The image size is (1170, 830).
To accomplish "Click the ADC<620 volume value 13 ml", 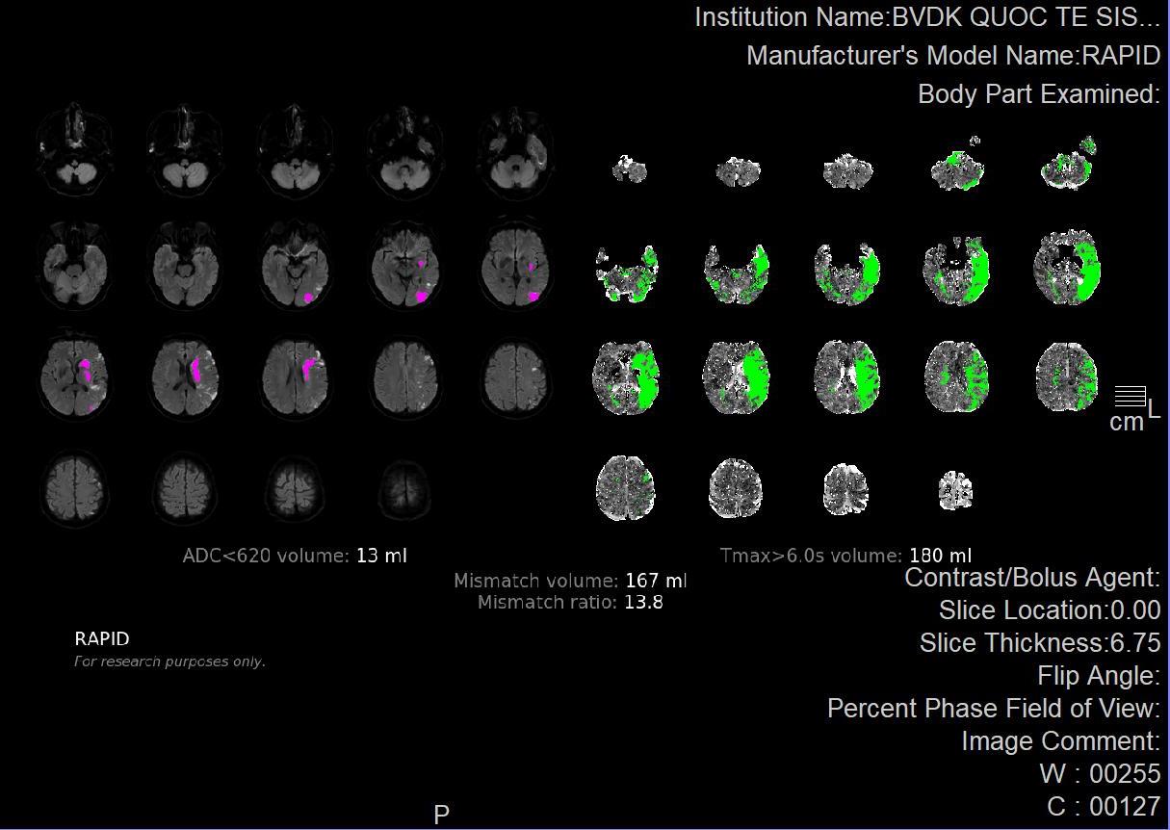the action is coord(381,556).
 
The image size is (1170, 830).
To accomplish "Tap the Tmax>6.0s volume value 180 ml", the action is coord(941,556).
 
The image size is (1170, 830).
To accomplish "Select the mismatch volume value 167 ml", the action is coord(656,581).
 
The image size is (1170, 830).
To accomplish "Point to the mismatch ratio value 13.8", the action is coord(643,602).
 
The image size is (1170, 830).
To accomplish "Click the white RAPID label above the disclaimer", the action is coord(102,638).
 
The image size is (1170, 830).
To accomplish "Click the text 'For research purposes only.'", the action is coord(169,661).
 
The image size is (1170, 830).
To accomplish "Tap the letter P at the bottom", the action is coord(441,815).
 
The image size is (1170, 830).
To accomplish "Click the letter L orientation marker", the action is coord(1154,408).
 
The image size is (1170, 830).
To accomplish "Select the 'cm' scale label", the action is coord(1127,423).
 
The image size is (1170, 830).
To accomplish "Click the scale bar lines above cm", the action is coord(1131,396).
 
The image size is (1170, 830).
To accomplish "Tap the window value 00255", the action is coord(1125,773).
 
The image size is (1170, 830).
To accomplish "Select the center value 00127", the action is coord(1125,807).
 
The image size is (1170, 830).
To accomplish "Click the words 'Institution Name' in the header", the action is coord(790,17).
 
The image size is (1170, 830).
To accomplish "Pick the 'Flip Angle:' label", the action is coord(1099,676).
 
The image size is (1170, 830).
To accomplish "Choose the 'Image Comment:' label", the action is coord(1060,741).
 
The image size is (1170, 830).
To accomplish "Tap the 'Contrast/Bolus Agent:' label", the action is coord(1032,578).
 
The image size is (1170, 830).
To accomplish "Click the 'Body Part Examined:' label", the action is coord(1039,94).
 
